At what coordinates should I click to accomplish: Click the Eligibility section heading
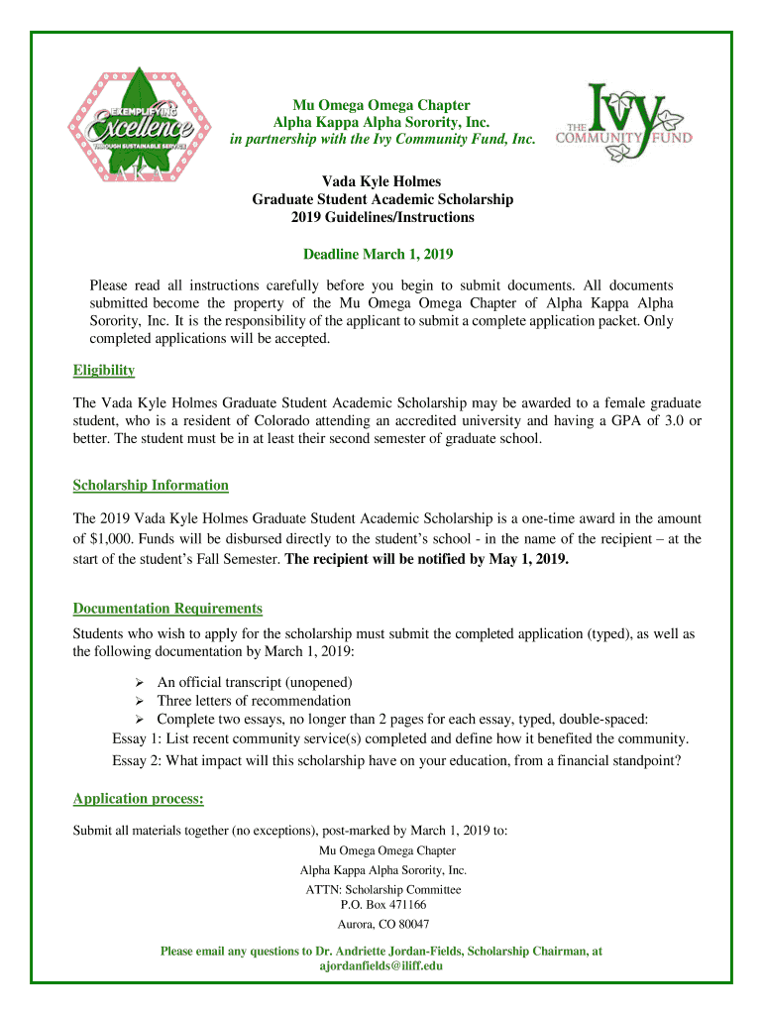pyautogui.click(x=104, y=371)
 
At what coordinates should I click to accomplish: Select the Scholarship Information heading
pyautogui.click(x=151, y=486)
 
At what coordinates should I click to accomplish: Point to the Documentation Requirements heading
pyautogui.click(x=167, y=609)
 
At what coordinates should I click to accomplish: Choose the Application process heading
pyautogui.click(x=139, y=799)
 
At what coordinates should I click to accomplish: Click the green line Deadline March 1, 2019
pyautogui.click(x=382, y=255)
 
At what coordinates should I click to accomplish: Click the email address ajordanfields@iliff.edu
pyautogui.click(x=381, y=965)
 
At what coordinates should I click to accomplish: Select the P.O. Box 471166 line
pyautogui.click(x=382, y=905)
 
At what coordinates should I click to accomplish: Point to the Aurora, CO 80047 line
pyautogui.click(x=382, y=925)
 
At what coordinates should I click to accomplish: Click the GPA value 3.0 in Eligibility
pyautogui.click(x=678, y=421)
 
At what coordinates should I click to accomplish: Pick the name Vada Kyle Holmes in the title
pyautogui.click(x=382, y=181)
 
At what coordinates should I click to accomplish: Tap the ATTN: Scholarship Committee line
pyautogui.click(x=382, y=890)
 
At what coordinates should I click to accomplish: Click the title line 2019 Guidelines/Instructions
pyautogui.click(x=382, y=217)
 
